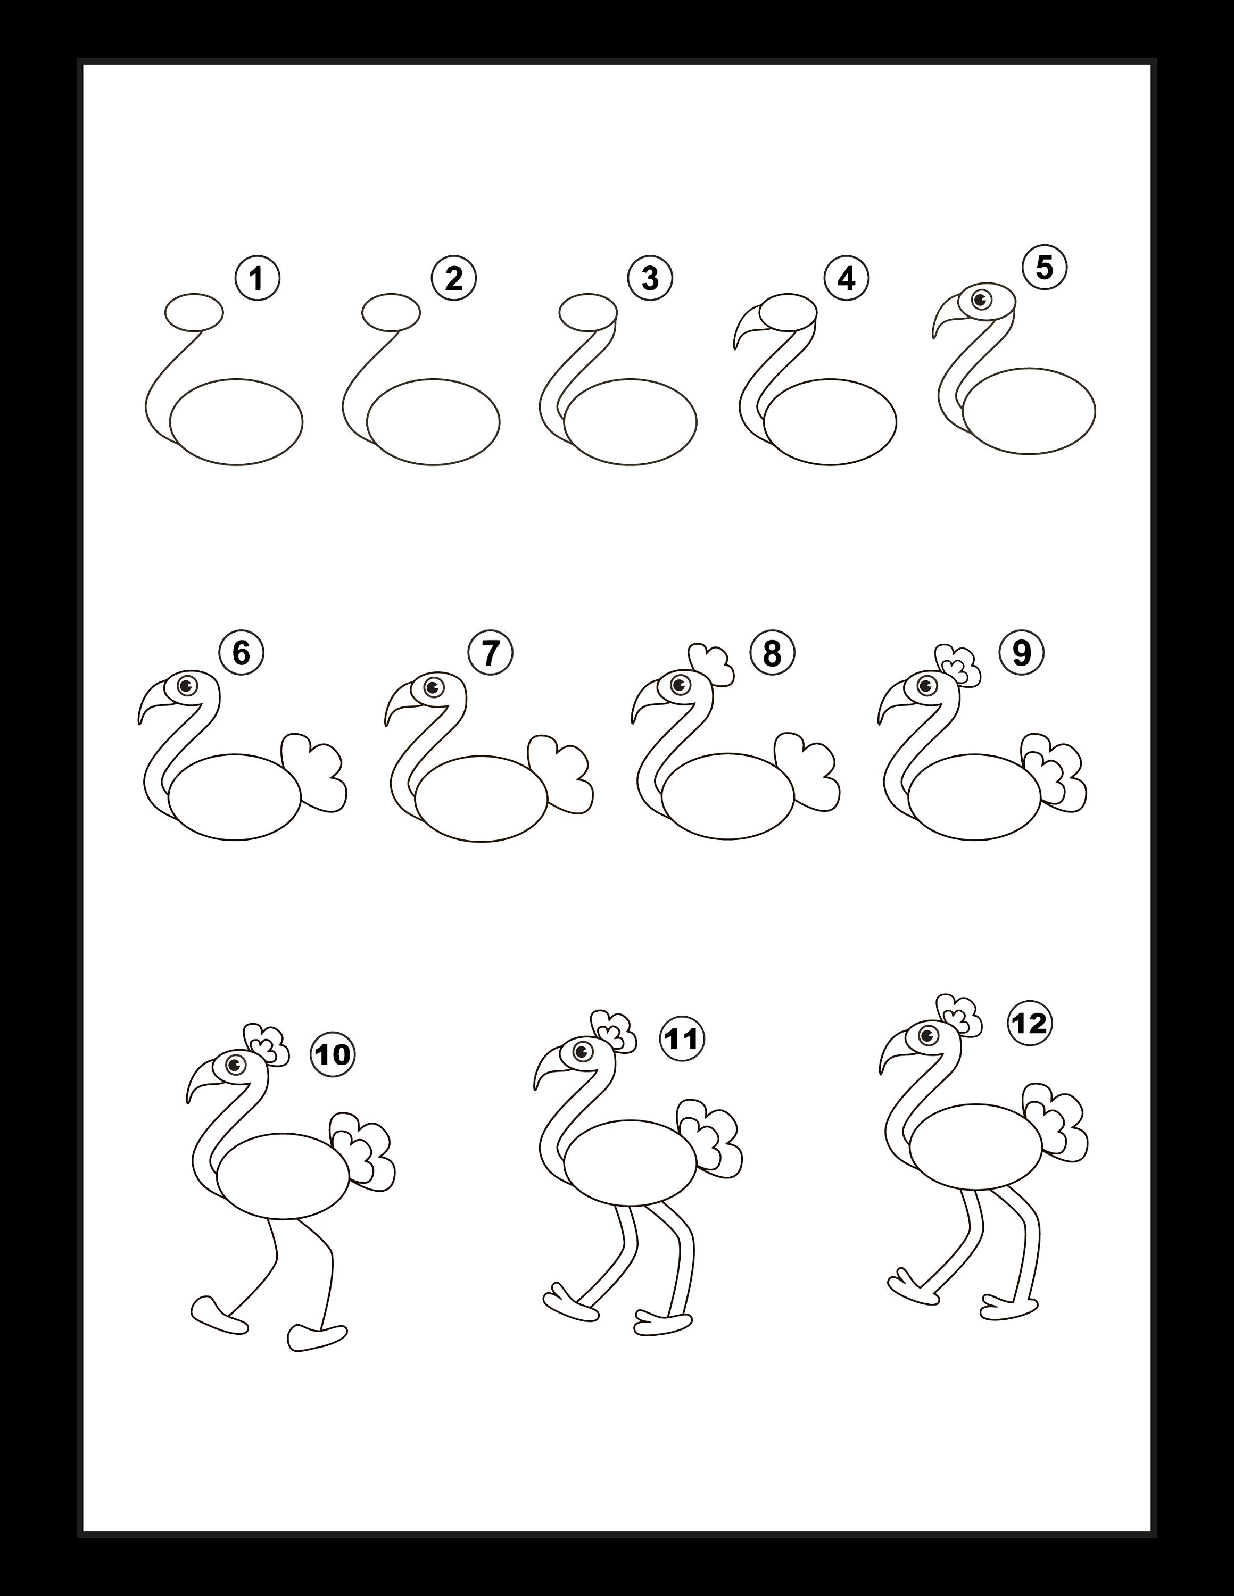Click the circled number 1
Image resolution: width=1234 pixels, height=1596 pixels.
tap(258, 278)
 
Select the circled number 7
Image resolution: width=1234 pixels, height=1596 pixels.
tap(491, 653)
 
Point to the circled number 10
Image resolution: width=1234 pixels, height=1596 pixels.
tap(333, 1054)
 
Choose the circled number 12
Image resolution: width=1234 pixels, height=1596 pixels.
tap(1030, 1023)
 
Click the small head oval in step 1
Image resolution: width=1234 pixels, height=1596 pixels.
tap(194, 313)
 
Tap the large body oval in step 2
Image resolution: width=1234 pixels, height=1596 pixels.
tap(434, 422)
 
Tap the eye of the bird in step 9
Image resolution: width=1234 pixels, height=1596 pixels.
tap(927, 685)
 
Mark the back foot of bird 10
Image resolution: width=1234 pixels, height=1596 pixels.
tap(317, 1336)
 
